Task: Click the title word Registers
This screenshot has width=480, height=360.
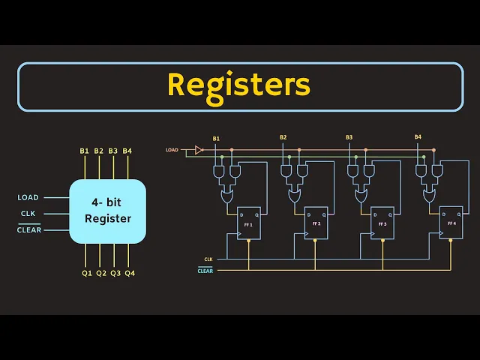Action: click(238, 85)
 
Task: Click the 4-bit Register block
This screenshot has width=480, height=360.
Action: click(107, 211)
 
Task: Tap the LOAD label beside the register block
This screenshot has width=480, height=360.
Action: click(28, 198)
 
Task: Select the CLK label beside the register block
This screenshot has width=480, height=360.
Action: click(28, 214)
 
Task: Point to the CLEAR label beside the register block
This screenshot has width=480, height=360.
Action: click(28, 229)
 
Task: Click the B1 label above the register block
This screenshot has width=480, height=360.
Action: click(84, 151)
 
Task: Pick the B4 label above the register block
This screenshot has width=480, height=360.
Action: click(127, 151)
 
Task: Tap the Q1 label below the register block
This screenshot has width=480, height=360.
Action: click(87, 273)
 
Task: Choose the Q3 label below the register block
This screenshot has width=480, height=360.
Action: click(115, 273)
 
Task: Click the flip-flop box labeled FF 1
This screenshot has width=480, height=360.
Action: click(248, 223)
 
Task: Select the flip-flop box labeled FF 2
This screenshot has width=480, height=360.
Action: click(316, 223)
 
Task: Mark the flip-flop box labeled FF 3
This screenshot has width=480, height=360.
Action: click(382, 223)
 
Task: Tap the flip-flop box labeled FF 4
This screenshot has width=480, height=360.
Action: click(451, 223)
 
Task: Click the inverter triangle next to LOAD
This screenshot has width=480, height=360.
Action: click(199, 150)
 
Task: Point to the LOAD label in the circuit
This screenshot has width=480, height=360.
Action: click(172, 150)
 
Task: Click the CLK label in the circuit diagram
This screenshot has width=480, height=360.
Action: click(208, 259)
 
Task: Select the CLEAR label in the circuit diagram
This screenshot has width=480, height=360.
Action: click(205, 271)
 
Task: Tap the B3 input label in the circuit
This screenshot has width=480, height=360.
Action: click(349, 138)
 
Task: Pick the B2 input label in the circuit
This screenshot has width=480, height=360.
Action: click(283, 138)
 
